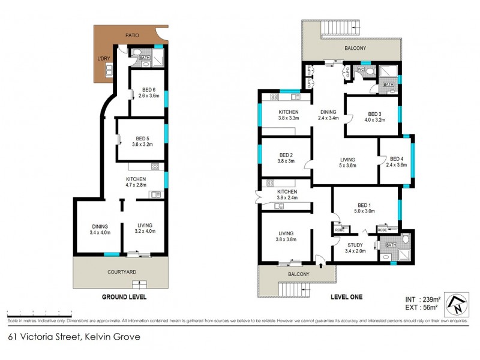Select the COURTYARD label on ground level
122,272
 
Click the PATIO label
132,35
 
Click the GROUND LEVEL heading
124,296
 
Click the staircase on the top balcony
340,28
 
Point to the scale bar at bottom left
36,313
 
